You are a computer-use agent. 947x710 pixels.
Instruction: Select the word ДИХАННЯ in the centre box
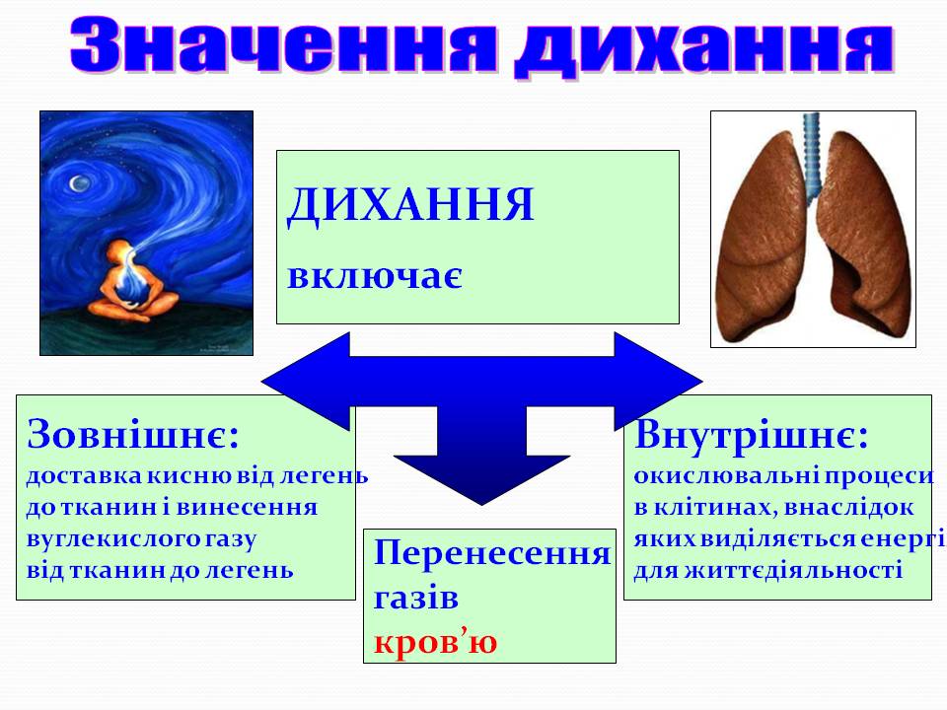[x=410, y=206]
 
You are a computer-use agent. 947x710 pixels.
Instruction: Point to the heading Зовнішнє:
[x=134, y=433]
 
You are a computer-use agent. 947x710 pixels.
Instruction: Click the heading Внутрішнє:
[x=752, y=434]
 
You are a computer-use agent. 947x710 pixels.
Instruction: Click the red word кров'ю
[x=435, y=642]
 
